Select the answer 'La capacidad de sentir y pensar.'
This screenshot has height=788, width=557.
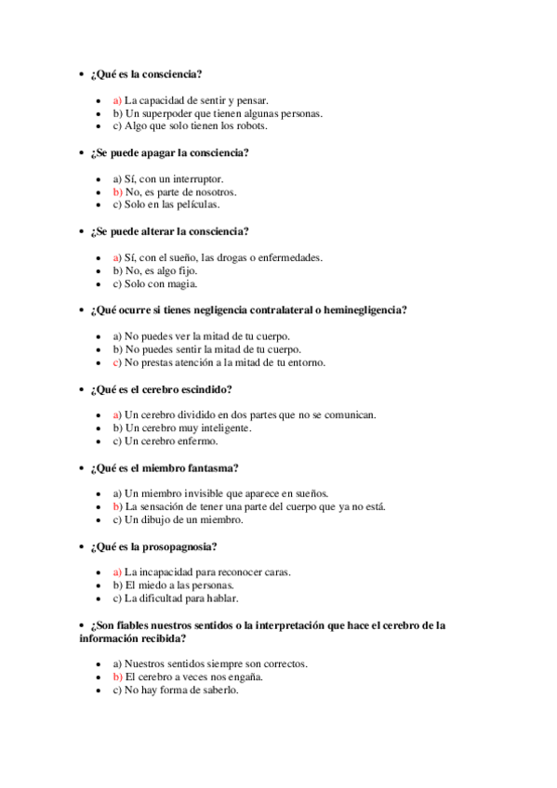195,100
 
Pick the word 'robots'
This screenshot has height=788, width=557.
251,126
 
